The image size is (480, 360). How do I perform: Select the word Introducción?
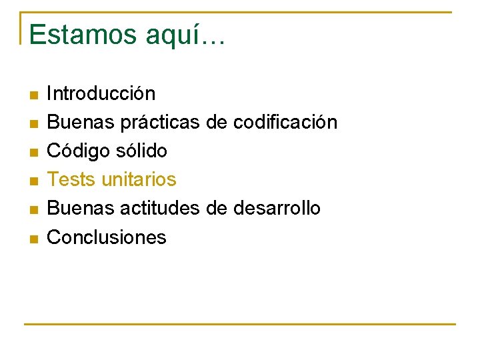(101, 93)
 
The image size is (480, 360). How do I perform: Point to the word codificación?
(285, 122)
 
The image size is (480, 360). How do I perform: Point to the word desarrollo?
(277, 208)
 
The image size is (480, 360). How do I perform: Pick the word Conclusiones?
(107, 237)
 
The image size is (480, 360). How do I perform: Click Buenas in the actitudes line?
(81, 208)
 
